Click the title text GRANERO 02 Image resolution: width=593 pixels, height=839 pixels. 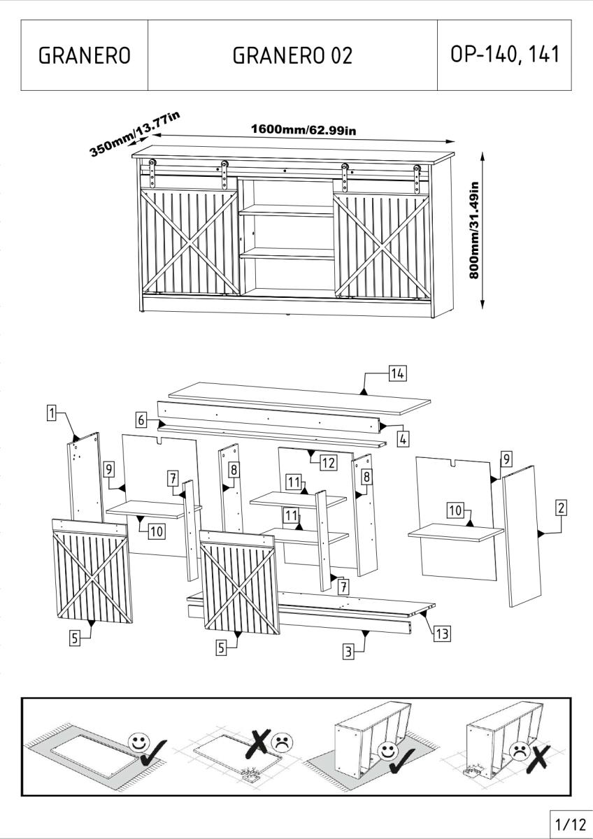click(x=292, y=55)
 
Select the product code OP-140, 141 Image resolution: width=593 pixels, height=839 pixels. click(x=505, y=54)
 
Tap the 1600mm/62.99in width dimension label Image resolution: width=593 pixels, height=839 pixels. click(x=303, y=129)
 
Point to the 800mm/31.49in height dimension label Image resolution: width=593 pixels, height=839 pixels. click(x=474, y=230)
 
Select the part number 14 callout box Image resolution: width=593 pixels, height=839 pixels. click(x=397, y=373)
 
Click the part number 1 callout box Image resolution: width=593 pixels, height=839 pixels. click(x=52, y=413)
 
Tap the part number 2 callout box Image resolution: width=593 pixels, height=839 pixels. click(x=561, y=508)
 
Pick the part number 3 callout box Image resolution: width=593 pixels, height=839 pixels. click(x=349, y=652)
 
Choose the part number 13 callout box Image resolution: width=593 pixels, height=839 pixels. click(x=442, y=633)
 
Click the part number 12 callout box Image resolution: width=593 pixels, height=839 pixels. click(x=328, y=463)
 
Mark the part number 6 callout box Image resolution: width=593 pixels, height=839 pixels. click(x=141, y=420)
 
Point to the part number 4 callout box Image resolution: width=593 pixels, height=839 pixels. click(x=403, y=439)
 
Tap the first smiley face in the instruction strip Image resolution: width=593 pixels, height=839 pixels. click(x=139, y=742)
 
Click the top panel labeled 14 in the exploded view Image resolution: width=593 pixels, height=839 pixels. click(x=300, y=399)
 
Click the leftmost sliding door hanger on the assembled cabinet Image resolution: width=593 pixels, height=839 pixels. click(x=152, y=174)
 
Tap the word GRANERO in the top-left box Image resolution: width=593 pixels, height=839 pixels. click(x=85, y=55)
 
